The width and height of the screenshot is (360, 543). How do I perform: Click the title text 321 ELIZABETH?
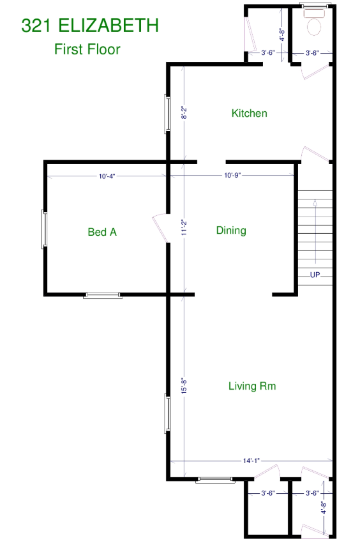pyautogui.click(x=90, y=26)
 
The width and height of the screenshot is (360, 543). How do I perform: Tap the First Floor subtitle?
pyautogui.click(x=87, y=49)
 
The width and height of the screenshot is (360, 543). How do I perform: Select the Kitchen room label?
pyautogui.click(x=249, y=113)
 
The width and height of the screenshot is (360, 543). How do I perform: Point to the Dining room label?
pyautogui.click(x=231, y=231)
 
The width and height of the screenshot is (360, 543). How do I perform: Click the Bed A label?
pyautogui.click(x=102, y=232)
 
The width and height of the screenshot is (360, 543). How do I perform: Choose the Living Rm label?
pyautogui.click(x=252, y=386)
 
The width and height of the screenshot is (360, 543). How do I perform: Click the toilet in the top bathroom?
pyautogui.click(x=314, y=22)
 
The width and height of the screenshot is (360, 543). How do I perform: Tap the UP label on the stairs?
pyautogui.click(x=315, y=275)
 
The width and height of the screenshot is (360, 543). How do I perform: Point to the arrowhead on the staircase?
pyautogui.click(x=315, y=203)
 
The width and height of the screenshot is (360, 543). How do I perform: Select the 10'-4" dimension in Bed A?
pyautogui.click(x=107, y=176)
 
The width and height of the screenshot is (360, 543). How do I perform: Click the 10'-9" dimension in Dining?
pyautogui.click(x=232, y=175)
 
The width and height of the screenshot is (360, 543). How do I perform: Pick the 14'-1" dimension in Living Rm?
pyautogui.click(x=251, y=461)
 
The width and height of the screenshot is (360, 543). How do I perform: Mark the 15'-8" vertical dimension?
pyautogui.click(x=184, y=385)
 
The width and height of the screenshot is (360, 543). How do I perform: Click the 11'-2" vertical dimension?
pyautogui.click(x=184, y=227)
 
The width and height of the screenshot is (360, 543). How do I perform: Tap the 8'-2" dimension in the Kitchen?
pyautogui.click(x=184, y=112)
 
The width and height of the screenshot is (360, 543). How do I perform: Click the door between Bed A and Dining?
pyautogui.click(x=160, y=228)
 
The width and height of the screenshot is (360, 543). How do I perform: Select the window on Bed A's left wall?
pyautogui.click(x=44, y=229)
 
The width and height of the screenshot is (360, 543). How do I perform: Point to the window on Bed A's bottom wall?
pyautogui.click(x=103, y=295)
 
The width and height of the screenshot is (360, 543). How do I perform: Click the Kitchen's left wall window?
pyautogui.click(x=167, y=114)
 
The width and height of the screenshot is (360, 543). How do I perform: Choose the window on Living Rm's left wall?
pyautogui.click(x=167, y=414)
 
